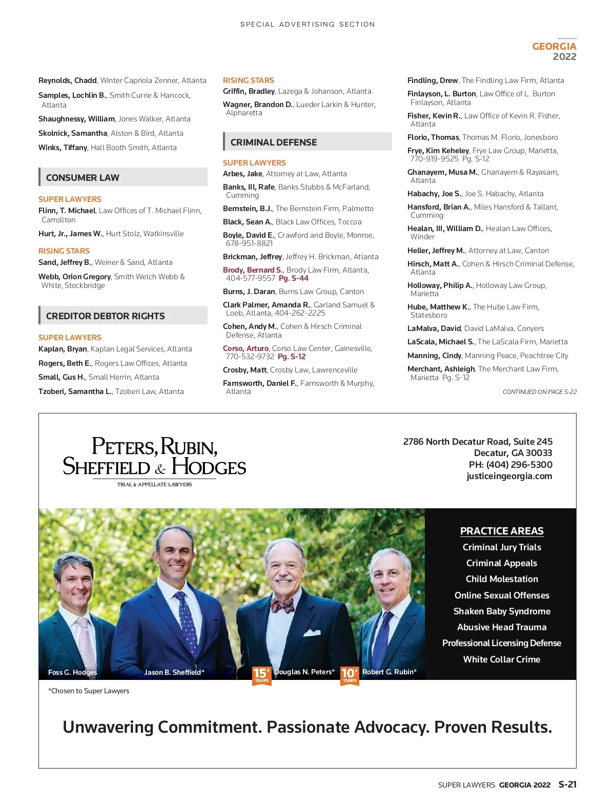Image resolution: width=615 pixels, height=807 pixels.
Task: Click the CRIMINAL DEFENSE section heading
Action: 274,142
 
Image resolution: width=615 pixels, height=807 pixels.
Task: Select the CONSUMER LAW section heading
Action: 83,178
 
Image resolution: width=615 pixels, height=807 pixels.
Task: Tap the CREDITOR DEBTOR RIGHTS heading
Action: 106,316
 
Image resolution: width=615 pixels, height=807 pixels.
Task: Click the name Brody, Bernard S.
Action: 253,270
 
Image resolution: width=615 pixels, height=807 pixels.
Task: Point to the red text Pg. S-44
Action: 294,278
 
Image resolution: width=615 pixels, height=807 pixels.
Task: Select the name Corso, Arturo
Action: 245,348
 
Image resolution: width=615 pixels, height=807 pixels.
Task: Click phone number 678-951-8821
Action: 250,243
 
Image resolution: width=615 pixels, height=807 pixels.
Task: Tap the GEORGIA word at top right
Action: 554,46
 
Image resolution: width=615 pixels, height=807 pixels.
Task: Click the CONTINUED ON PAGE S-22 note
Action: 539,392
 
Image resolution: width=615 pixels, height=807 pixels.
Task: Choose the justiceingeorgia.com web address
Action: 509,476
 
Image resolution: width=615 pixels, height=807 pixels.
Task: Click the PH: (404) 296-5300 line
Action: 510,465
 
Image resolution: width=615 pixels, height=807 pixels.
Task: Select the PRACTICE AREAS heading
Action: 502,531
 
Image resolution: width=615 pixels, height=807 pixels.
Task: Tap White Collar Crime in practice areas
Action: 502,659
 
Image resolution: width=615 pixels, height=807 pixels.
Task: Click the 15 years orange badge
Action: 261,675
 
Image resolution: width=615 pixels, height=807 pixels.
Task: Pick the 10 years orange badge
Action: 350,675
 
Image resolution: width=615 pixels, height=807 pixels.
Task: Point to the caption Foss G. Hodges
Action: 72,672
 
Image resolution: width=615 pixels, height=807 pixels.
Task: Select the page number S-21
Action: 567,784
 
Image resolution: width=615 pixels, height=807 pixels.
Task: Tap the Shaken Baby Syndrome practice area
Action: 502,611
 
